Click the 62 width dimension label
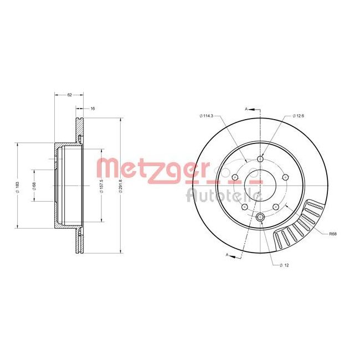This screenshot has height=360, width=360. pos(70,95)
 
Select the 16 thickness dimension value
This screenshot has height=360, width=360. pos(92,109)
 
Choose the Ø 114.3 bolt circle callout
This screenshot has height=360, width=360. pos(207,116)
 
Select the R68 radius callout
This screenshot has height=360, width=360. pos(332,234)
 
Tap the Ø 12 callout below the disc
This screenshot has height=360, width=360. pos(286,265)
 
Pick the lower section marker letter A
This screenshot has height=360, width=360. pos(228,254)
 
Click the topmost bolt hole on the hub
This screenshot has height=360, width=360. pos(260,160)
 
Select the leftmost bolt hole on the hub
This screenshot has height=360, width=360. pos(235,178)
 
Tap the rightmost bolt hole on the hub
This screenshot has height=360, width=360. pos(285,177)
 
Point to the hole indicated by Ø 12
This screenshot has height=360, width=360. pos(260,218)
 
